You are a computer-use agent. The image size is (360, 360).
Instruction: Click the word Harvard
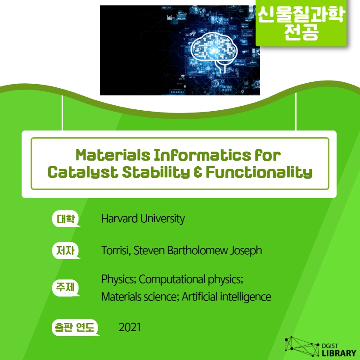(119, 218)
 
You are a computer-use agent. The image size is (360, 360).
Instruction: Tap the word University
(162, 219)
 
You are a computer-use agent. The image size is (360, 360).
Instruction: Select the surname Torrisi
(116, 250)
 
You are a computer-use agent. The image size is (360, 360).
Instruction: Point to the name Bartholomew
(198, 250)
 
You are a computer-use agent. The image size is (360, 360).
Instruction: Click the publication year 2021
(130, 327)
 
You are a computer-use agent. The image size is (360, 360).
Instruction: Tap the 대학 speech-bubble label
(66, 219)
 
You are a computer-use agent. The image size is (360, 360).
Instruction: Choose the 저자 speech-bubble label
(66, 251)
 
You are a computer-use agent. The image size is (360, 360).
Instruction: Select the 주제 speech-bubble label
(66, 288)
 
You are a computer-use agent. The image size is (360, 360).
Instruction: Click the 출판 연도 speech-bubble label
(75, 328)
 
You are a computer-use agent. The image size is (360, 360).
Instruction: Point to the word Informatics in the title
(202, 155)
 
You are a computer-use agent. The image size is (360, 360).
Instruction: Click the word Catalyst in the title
(82, 172)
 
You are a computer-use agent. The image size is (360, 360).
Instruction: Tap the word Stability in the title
(156, 172)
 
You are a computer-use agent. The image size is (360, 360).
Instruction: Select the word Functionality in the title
(259, 172)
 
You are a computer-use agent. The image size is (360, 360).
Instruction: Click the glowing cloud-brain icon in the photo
(214, 52)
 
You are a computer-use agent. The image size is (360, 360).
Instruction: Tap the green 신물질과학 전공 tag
(301, 23)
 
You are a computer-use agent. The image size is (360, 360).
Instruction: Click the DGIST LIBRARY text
(339, 350)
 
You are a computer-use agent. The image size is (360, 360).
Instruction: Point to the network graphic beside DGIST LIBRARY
(302, 346)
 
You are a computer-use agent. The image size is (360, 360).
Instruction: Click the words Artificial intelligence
(226, 297)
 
